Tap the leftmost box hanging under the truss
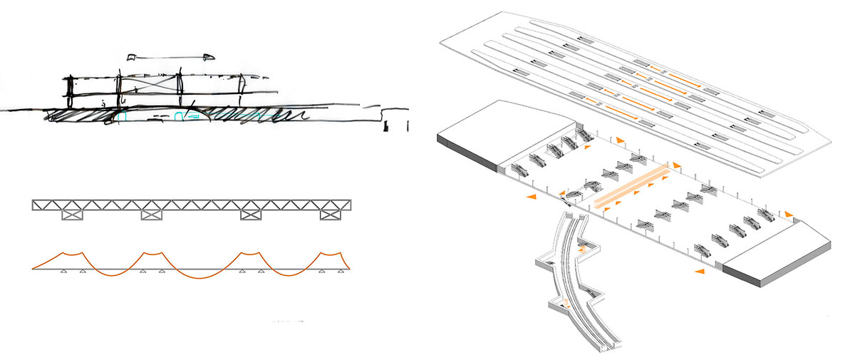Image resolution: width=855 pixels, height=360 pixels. click(x=73, y=214)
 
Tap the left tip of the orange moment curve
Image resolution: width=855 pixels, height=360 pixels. click(x=33, y=269)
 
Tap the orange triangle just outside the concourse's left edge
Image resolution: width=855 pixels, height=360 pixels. click(x=532, y=195)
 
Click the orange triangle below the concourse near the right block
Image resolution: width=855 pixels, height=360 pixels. click(x=701, y=272)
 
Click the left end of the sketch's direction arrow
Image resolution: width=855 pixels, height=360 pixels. click(x=129, y=56)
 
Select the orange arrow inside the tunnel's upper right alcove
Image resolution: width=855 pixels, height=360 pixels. click(x=582, y=250)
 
